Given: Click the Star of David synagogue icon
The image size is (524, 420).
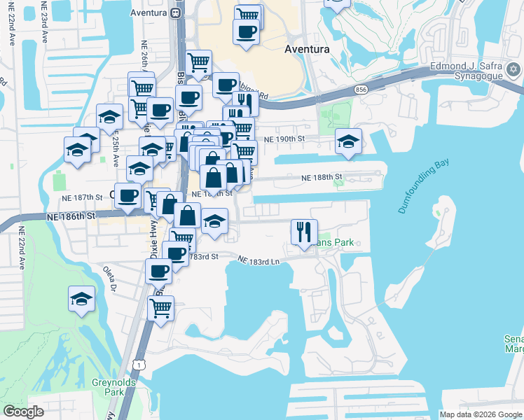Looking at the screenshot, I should pos(513,69).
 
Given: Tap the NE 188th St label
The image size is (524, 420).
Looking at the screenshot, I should pos(322,177).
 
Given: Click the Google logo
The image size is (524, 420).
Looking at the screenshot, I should pos(23,412).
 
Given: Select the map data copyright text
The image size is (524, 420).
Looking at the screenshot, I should pos(481,414).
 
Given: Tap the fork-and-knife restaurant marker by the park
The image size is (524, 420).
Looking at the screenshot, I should pos(304,231).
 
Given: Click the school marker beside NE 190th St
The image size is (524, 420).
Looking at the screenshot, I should pos(348,141).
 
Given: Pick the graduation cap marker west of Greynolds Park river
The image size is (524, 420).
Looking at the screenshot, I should pos(82,299).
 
